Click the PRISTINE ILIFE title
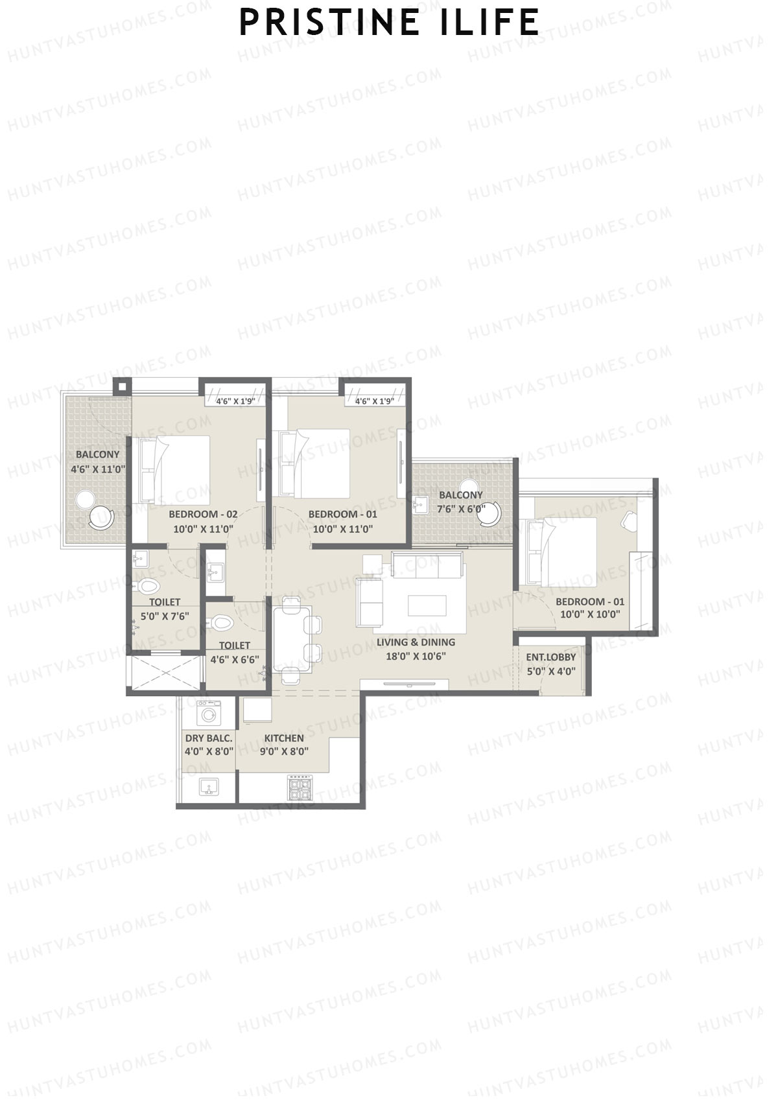(x=389, y=22)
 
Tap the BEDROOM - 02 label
(x=202, y=514)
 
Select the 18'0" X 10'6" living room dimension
(x=416, y=656)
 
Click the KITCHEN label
(x=284, y=738)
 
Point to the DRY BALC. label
(x=208, y=738)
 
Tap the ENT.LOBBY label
(x=550, y=657)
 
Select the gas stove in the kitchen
(x=300, y=787)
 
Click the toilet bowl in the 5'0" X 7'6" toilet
(x=148, y=587)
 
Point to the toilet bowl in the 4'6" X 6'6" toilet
(x=221, y=623)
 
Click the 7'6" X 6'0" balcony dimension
(x=461, y=509)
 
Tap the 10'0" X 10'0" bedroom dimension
(x=590, y=614)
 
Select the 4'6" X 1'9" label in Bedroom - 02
(x=233, y=401)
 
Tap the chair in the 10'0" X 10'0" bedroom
(x=628, y=521)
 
